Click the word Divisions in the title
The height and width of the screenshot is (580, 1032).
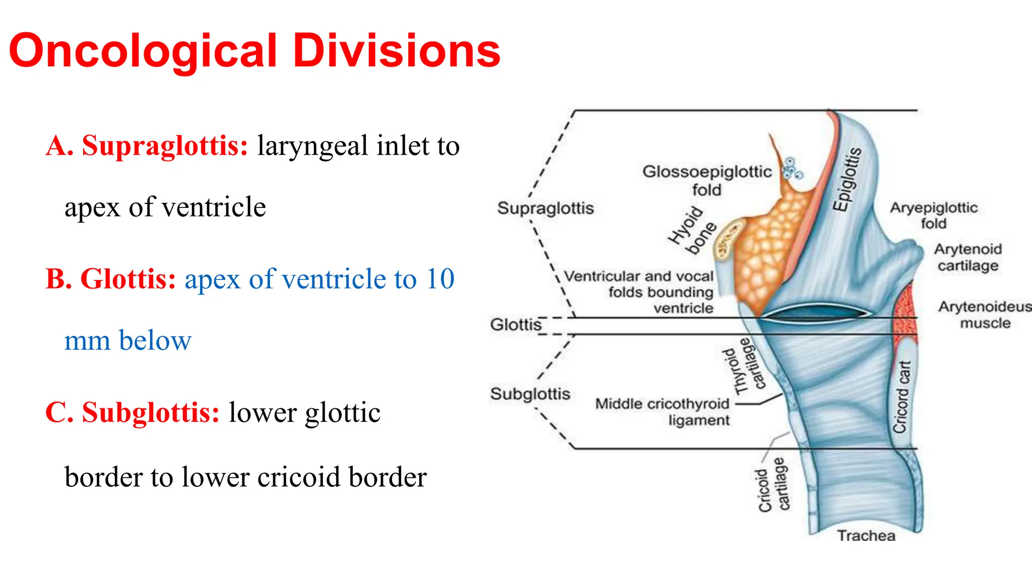[x=397, y=51]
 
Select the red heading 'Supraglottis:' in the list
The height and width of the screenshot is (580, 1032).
[x=165, y=146]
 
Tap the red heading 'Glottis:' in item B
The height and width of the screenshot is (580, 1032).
[x=128, y=279]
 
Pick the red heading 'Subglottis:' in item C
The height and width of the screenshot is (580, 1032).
[x=151, y=412]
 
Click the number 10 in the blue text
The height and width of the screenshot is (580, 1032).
[x=440, y=279]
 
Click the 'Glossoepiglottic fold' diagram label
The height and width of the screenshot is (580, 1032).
[x=706, y=180]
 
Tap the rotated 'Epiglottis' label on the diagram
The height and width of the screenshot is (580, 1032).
[x=847, y=179]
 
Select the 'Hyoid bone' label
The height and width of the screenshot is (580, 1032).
[x=691, y=231]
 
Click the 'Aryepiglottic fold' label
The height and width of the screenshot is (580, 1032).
[x=933, y=215]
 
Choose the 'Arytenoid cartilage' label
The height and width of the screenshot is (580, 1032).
[x=967, y=257]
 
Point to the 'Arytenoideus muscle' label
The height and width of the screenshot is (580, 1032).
[x=985, y=315]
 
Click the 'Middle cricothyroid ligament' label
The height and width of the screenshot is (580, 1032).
[x=663, y=412]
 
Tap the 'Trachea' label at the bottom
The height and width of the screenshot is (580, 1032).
[x=866, y=536]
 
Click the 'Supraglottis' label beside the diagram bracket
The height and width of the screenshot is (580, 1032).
[x=545, y=208]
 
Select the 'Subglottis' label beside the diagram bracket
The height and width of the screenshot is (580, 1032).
[x=530, y=394]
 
